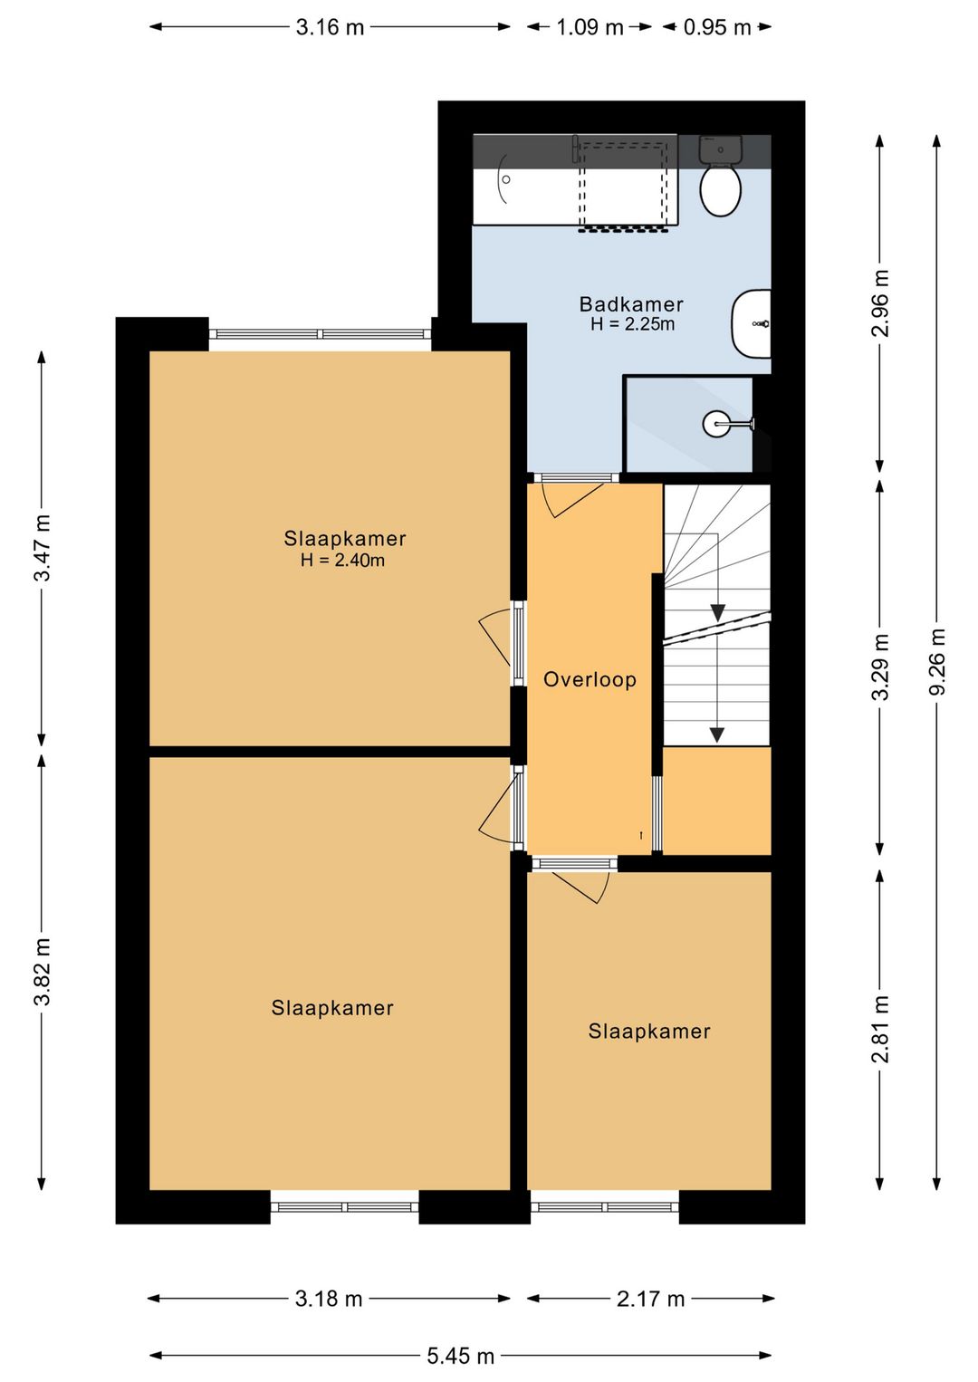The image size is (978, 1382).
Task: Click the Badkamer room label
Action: (x=630, y=304)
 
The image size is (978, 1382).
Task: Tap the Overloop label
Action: (x=590, y=680)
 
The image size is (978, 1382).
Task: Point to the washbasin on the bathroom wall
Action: (x=751, y=323)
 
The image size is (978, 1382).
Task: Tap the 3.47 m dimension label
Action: (x=42, y=548)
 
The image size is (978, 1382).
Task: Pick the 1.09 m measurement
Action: (x=590, y=27)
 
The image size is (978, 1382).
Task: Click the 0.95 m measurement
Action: (x=717, y=27)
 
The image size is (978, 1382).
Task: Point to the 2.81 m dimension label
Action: (x=880, y=1029)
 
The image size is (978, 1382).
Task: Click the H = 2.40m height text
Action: (x=342, y=561)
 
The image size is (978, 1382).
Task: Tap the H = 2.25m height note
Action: (x=632, y=324)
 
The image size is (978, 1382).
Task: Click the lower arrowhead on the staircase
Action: (x=716, y=734)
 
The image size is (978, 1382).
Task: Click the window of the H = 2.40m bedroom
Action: (x=320, y=334)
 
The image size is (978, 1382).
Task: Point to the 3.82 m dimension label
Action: (x=42, y=972)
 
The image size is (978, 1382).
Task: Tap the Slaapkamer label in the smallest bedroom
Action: (x=649, y=1031)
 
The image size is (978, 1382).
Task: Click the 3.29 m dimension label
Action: (x=880, y=667)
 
